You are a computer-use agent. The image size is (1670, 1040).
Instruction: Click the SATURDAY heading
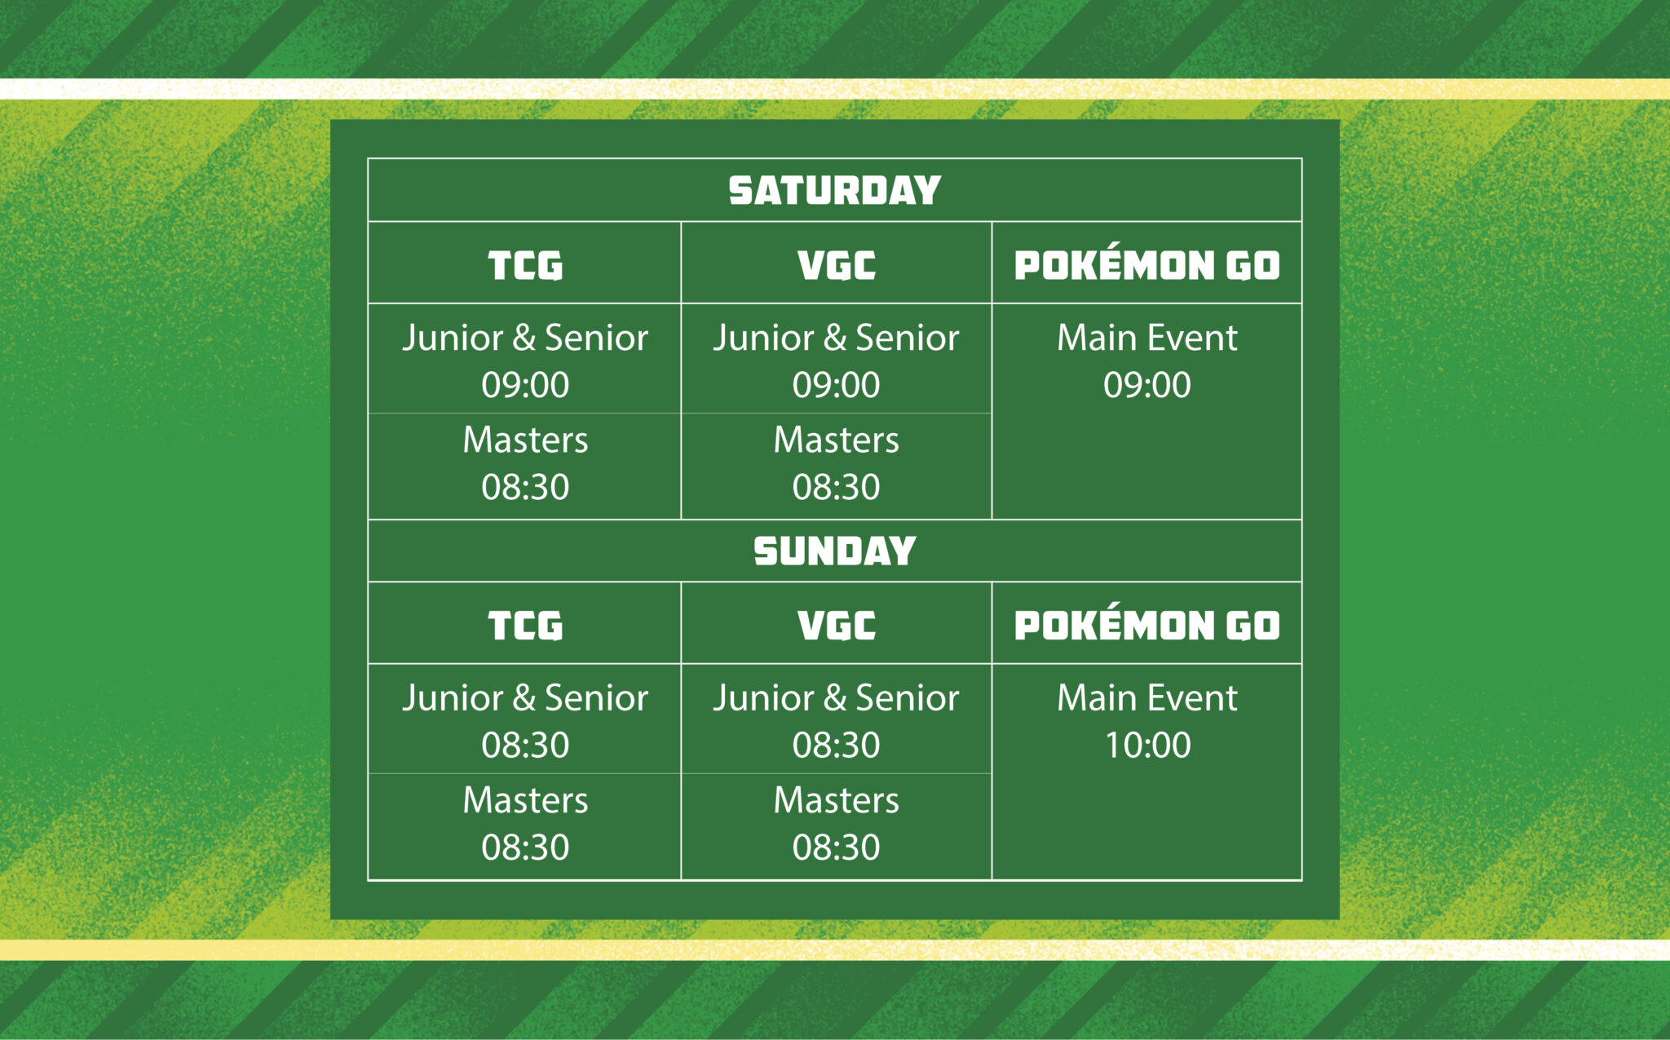(835, 191)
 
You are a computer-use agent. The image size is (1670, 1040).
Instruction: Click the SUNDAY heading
(835, 551)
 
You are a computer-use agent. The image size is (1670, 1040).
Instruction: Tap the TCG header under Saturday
(525, 266)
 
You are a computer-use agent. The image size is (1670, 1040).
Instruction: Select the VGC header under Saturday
(837, 266)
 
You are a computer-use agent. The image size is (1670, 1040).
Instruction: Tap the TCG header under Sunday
(525, 626)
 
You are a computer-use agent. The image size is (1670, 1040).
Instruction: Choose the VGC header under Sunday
(837, 626)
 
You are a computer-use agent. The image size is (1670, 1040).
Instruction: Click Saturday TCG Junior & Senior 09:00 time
(525, 385)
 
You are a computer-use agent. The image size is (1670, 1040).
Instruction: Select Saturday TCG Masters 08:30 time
(525, 488)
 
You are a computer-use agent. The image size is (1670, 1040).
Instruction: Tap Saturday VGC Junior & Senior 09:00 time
(837, 385)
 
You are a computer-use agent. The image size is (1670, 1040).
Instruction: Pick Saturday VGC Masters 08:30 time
(837, 488)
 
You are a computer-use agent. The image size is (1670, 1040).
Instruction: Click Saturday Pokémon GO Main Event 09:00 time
(1147, 385)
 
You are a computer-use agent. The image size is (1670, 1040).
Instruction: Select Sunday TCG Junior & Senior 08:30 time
(525, 746)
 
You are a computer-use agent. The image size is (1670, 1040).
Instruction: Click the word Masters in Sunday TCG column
(525, 800)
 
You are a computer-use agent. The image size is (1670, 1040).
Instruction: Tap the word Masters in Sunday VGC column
(837, 800)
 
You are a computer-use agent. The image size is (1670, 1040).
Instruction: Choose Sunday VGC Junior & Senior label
(837, 699)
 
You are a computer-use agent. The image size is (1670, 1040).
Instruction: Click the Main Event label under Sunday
(1147, 698)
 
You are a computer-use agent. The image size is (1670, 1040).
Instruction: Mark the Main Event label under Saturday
(1147, 338)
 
